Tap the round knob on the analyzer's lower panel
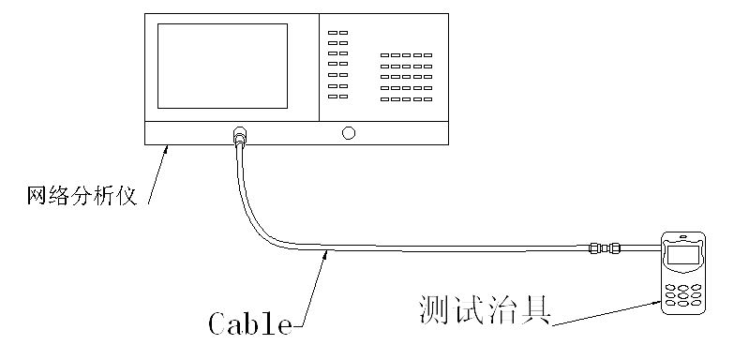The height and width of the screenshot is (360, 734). [349, 133]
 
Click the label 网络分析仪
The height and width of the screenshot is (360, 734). [82, 196]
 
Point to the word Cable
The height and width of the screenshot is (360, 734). [249, 323]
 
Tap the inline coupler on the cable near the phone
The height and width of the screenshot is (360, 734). [601, 249]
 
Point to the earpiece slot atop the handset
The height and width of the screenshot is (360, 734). [682, 236]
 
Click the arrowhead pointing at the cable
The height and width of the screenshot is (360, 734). [325, 253]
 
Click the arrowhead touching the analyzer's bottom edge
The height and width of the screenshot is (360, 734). [168, 148]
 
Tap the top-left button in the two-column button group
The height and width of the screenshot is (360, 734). [332, 33]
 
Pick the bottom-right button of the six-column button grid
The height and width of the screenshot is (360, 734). [427, 97]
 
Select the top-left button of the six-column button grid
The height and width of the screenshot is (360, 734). [385, 56]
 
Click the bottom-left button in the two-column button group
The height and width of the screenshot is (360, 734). [332, 97]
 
